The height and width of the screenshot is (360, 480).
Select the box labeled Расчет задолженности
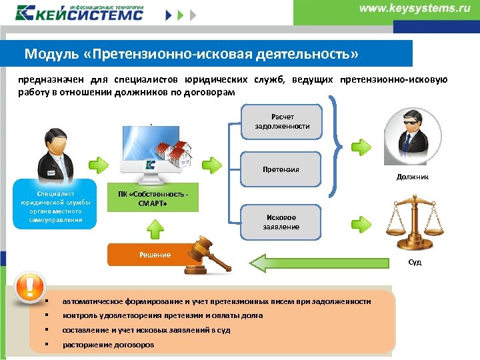(281, 121)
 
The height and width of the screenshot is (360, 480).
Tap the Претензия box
(281, 169)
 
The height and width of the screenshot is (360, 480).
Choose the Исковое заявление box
(281, 222)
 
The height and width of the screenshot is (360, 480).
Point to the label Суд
(415, 262)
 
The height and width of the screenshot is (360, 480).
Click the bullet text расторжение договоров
(108, 345)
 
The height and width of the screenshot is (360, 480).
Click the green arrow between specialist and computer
(98, 162)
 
